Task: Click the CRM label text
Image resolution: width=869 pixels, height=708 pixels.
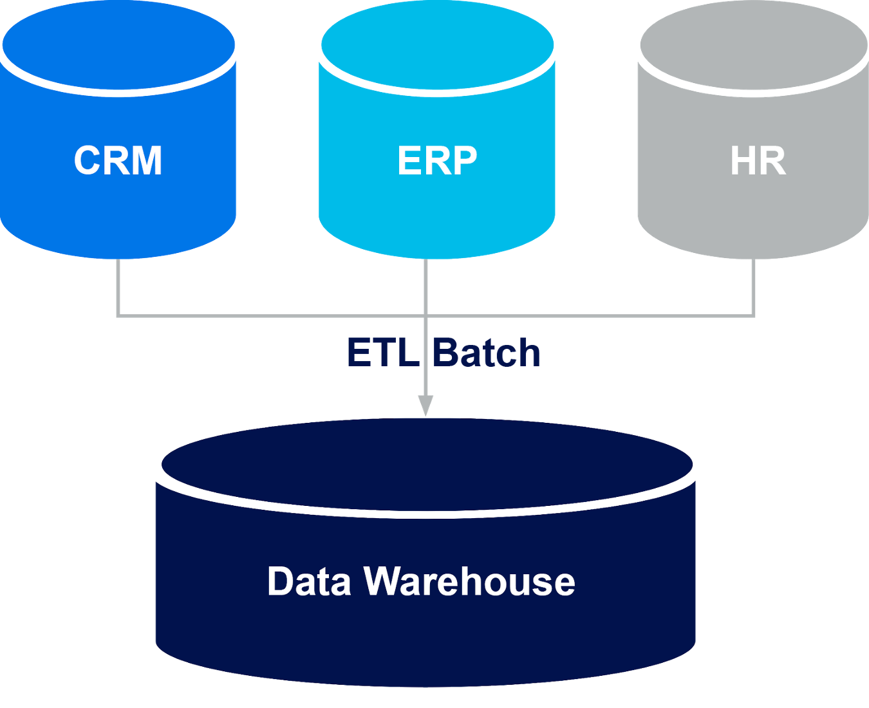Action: (118, 161)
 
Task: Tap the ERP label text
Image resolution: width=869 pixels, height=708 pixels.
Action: (437, 161)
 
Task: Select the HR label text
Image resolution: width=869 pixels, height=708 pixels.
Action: (758, 161)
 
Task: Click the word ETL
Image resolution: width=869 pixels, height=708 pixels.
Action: (383, 352)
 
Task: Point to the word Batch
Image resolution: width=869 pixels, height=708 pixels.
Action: (486, 352)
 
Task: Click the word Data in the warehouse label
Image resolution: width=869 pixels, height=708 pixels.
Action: (309, 581)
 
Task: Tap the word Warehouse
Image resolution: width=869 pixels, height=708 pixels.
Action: (469, 581)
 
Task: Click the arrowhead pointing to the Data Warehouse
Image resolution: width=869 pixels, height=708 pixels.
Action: (425, 405)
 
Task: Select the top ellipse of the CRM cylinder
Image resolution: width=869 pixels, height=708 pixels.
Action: (118, 44)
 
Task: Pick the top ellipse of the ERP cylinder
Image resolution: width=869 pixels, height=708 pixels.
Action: (437, 44)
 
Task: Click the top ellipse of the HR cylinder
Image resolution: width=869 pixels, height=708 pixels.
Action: (754, 44)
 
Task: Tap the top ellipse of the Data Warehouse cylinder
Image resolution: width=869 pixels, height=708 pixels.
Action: (427, 464)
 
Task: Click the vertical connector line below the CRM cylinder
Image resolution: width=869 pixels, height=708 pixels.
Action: (118, 286)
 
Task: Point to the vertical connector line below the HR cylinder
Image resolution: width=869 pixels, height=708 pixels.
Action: (753, 286)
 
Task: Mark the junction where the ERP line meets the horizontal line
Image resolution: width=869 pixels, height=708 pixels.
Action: (425, 315)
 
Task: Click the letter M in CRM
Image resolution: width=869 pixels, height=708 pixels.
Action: (147, 161)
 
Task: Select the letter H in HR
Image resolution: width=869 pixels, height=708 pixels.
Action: (743, 161)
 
